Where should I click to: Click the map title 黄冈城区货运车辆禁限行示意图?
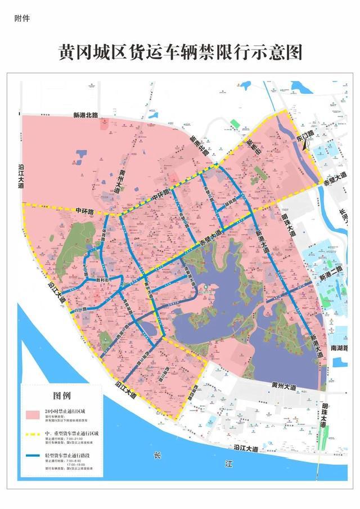click(180, 52)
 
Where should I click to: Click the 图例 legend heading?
click(62, 394)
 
